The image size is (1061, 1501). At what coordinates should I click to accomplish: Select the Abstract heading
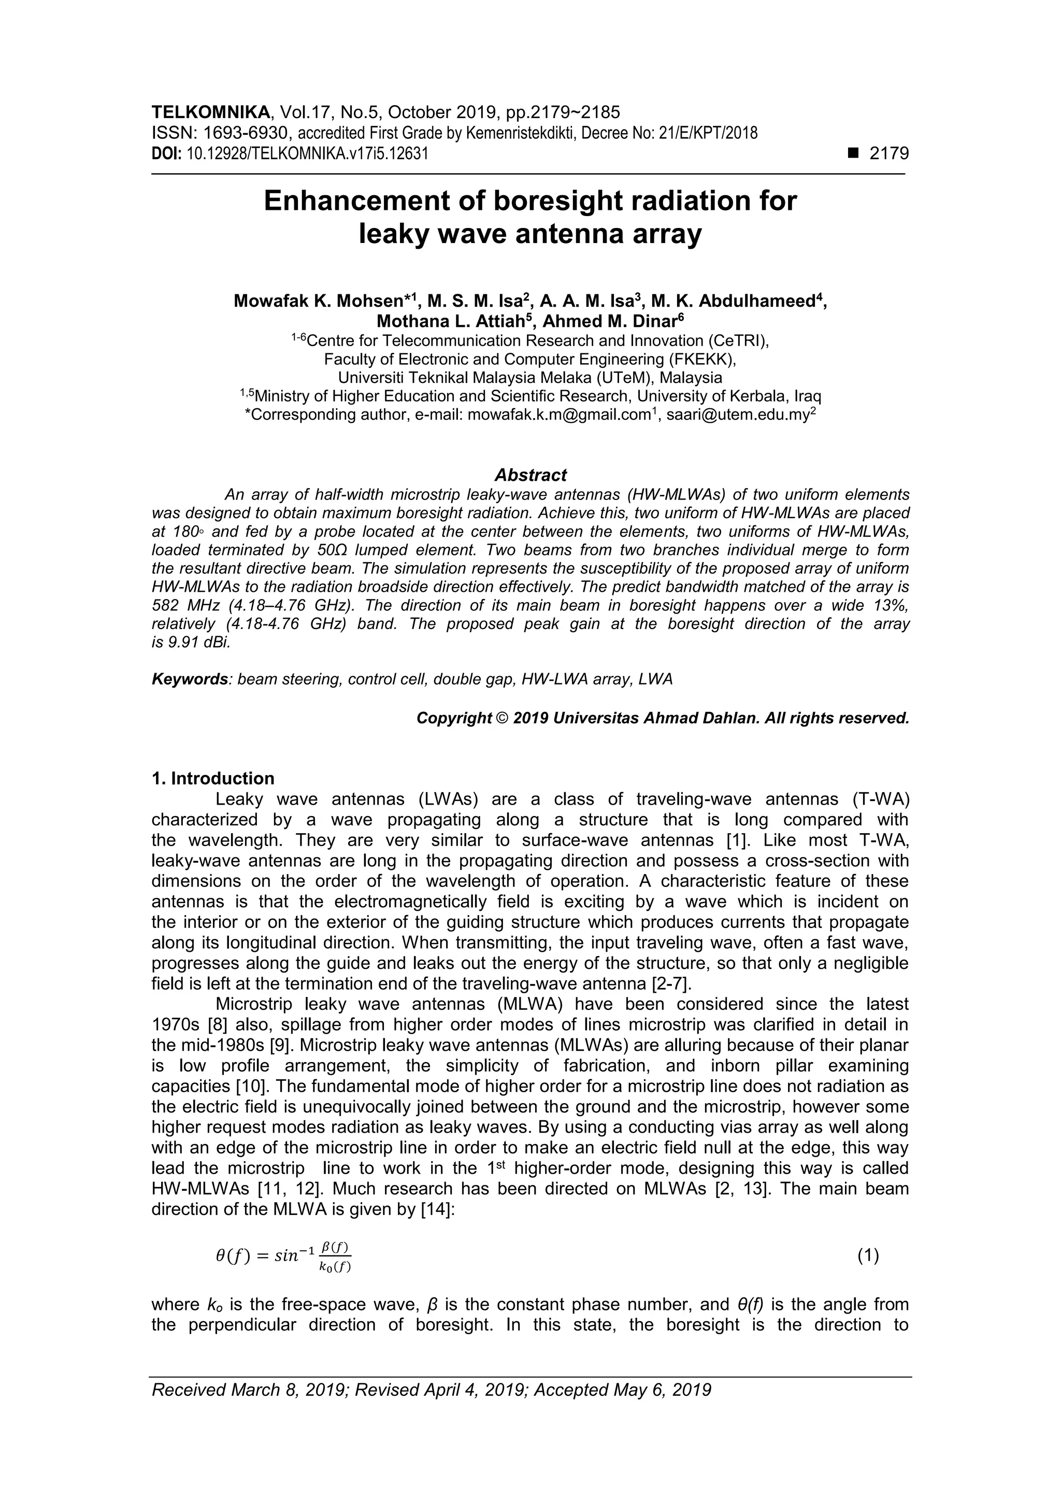tap(530, 475)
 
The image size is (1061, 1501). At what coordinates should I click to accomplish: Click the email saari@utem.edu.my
tap(737, 415)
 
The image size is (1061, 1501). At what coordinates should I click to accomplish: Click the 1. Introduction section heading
tap(212, 778)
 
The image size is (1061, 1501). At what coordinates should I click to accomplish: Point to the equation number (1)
tap(867, 1255)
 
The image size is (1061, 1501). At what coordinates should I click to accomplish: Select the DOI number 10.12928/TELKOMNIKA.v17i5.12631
tap(307, 154)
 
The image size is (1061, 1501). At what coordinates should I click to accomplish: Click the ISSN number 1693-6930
tap(245, 133)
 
